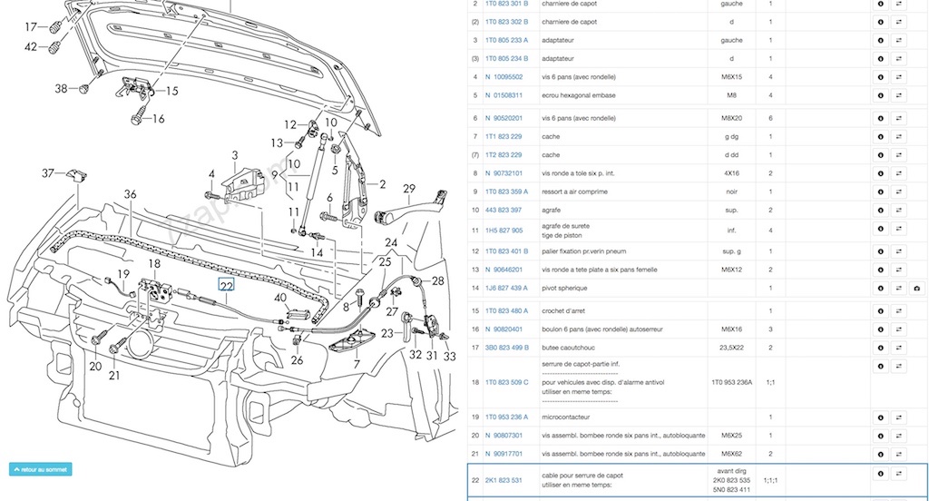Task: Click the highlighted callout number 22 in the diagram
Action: tap(227, 285)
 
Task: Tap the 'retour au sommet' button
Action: tap(40, 469)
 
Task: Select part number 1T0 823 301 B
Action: tap(506, 4)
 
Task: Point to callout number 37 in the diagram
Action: tap(48, 172)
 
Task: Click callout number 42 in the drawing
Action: tap(31, 46)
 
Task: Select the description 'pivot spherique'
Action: tap(564, 288)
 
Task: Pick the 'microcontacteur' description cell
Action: tap(569, 417)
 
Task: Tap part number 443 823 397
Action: tap(504, 210)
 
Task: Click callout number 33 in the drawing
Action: tap(449, 357)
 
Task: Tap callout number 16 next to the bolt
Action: tap(158, 118)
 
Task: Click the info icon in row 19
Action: tap(880, 417)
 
